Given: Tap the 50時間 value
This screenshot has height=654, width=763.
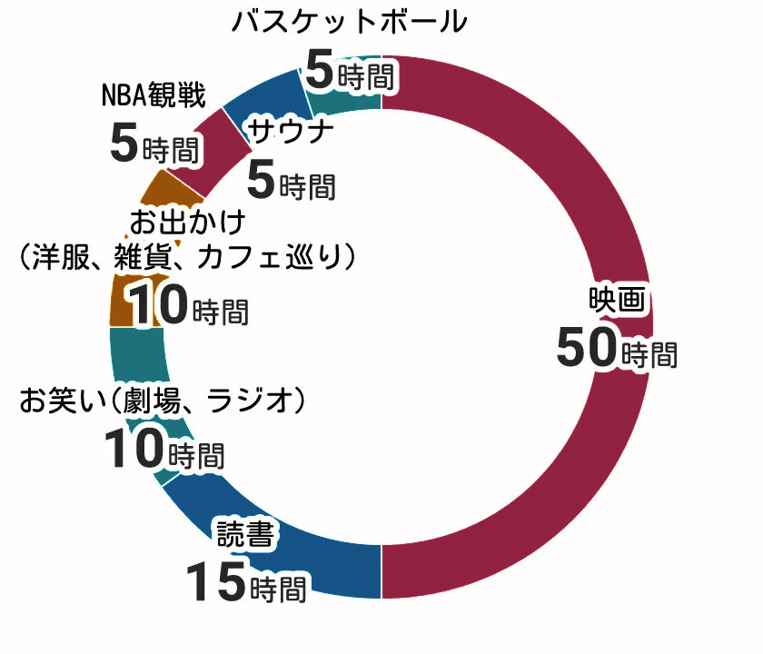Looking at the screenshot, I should (x=616, y=350).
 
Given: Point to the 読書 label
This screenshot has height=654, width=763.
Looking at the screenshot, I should (x=243, y=534).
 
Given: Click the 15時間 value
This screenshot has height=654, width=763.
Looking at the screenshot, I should (x=246, y=582).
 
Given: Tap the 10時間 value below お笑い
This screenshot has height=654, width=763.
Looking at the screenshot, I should (x=163, y=450).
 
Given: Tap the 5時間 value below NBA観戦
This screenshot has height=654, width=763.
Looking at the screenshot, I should (x=154, y=144).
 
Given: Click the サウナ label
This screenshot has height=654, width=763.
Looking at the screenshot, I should (x=291, y=130).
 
